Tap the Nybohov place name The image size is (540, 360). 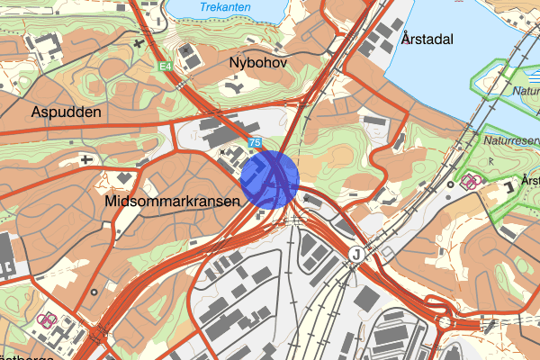click(257, 64)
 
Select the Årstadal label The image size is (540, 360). click(427, 39)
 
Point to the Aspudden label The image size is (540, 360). click(67, 112)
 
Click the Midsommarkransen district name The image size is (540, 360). click(172, 202)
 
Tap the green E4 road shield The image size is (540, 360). click(164, 67)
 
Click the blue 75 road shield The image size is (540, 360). click(256, 143)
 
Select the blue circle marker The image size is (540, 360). click(270, 180)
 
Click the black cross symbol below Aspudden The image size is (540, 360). click(86, 160)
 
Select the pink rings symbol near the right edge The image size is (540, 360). click(469, 181)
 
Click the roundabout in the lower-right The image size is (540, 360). click(444, 321)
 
